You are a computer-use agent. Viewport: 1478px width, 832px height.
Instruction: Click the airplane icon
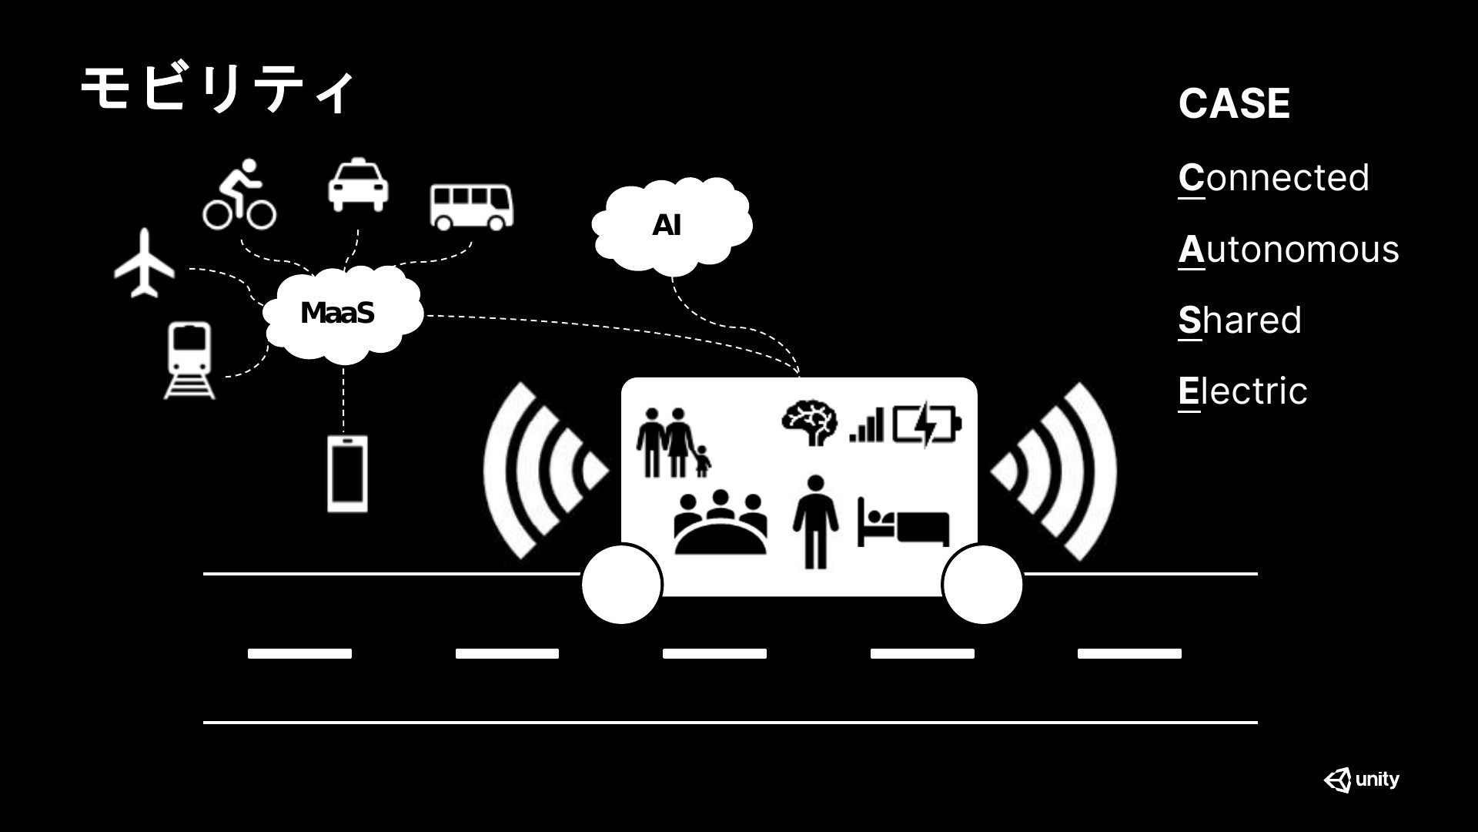point(145,263)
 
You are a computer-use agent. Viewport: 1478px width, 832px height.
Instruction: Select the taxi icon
point(358,185)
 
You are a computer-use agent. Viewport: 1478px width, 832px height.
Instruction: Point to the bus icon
point(471,206)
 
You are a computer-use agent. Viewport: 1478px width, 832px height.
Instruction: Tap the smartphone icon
point(347,474)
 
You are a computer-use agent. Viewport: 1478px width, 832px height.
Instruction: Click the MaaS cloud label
point(337,313)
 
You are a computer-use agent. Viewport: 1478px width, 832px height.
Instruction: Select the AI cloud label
point(667,225)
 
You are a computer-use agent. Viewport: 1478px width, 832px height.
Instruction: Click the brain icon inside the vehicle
point(809,423)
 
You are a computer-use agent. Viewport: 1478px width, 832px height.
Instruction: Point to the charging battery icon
point(927,425)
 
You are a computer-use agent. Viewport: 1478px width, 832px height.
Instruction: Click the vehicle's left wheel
point(622,584)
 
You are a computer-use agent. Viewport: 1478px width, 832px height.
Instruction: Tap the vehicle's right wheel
point(982,584)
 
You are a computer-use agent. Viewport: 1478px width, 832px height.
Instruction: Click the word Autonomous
point(1289,250)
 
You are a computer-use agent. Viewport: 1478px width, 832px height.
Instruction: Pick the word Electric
point(1242,391)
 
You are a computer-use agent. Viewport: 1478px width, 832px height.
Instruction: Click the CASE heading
point(1234,103)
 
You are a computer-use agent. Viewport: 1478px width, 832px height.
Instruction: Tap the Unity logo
point(1362,780)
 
